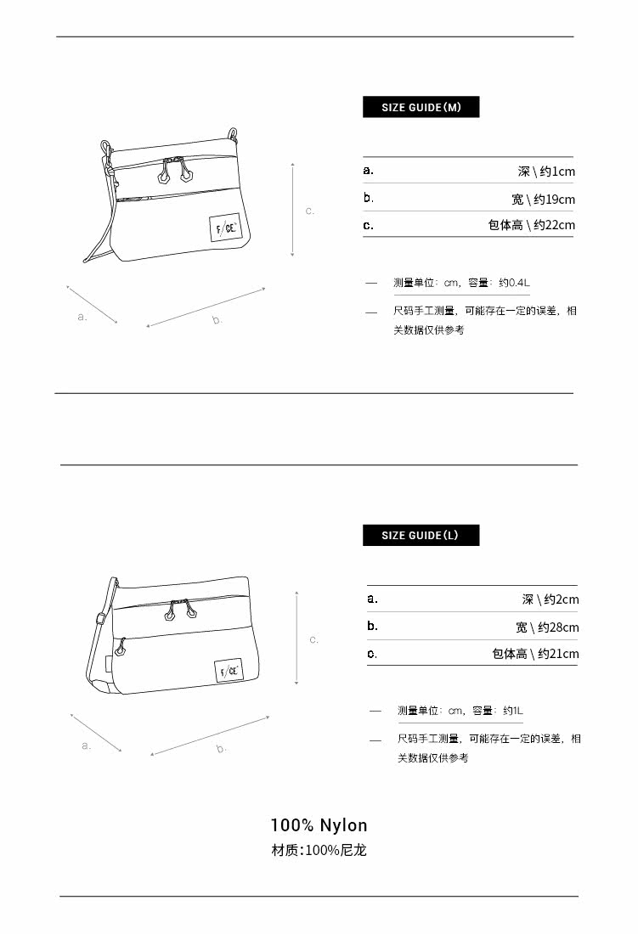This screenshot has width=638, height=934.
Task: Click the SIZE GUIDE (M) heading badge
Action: click(x=421, y=107)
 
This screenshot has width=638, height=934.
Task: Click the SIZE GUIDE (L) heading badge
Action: click(x=421, y=535)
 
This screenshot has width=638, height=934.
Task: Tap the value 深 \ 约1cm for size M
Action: click(x=546, y=172)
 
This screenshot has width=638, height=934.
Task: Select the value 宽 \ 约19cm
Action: click(x=543, y=200)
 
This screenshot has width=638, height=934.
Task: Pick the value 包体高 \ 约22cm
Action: click(x=531, y=225)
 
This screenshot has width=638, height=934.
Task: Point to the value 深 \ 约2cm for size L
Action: click(x=550, y=599)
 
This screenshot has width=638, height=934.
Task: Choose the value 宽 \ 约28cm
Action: click(x=547, y=627)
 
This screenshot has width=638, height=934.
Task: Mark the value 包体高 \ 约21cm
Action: click(x=535, y=654)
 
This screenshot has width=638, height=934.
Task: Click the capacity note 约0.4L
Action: click(x=515, y=283)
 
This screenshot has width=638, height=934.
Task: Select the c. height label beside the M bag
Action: click(x=310, y=211)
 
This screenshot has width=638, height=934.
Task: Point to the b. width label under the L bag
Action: click(x=221, y=749)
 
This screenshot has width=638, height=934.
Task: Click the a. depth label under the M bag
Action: click(x=82, y=317)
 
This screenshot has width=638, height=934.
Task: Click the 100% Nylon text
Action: click(x=319, y=825)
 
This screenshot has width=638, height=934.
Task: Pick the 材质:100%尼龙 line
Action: click(x=319, y=850)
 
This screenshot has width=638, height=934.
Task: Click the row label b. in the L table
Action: click(x=372, y=626)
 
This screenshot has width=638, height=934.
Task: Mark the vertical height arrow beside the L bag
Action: click(x=296, y=639)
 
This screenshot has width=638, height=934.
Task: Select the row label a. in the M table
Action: click(x=368, y=170)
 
